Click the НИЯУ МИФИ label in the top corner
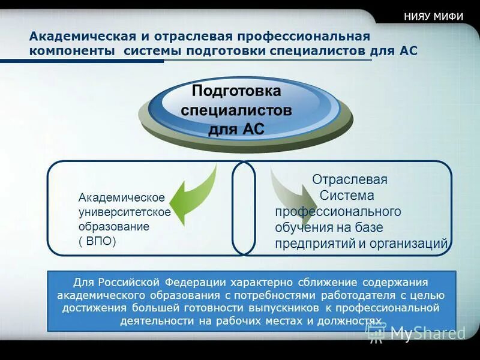[x=434, y=17]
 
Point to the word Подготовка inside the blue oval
[x=236, y=91]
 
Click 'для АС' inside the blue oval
[x=236, y=130]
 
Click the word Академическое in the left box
[x=122, y=197]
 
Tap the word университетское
[x=125, y=212]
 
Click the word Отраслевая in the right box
[x=349, y=179]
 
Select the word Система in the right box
[x=347, y=196]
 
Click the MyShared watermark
[x=416, y=334]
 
